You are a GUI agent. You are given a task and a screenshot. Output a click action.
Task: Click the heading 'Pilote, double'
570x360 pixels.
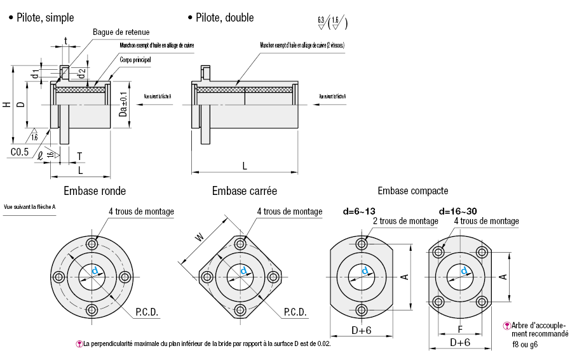click(x=224, y=18)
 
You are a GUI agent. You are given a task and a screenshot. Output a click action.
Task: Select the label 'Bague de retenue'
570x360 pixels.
click(x=121, y=32)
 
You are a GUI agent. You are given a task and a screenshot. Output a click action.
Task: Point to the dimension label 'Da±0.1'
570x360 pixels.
click(x=123, y=103)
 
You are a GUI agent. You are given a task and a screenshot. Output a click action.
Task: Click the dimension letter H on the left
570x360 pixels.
click(x=6, y=105)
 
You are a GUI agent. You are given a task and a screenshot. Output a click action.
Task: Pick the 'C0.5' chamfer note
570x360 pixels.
click(x=20, y=152)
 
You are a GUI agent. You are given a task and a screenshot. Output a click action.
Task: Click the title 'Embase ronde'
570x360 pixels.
click(x=95, y=190)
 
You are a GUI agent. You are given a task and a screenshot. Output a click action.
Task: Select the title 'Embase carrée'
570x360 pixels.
click(x=245, y=190)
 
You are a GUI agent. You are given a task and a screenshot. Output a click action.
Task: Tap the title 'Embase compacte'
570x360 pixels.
click(x=412, y=190)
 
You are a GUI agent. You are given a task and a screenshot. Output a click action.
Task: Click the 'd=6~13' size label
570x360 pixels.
click(x=359, y=211)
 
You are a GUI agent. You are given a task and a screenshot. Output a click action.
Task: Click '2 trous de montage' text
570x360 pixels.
click(x=405, y=221)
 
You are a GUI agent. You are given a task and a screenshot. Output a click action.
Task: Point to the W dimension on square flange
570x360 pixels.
click(x=200, y=237)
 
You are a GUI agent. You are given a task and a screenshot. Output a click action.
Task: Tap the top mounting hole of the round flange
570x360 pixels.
click(x=93, y=244)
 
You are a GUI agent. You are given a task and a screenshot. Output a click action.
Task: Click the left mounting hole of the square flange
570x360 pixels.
click(x=207, y=277)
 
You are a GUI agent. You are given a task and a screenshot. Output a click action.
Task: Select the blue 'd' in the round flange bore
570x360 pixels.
click(x=96, y=271)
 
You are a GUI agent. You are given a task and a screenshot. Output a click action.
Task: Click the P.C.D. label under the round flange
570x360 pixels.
click(x=147, y=312)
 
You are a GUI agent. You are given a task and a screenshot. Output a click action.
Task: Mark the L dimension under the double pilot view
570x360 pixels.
click(x=245, y=165)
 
